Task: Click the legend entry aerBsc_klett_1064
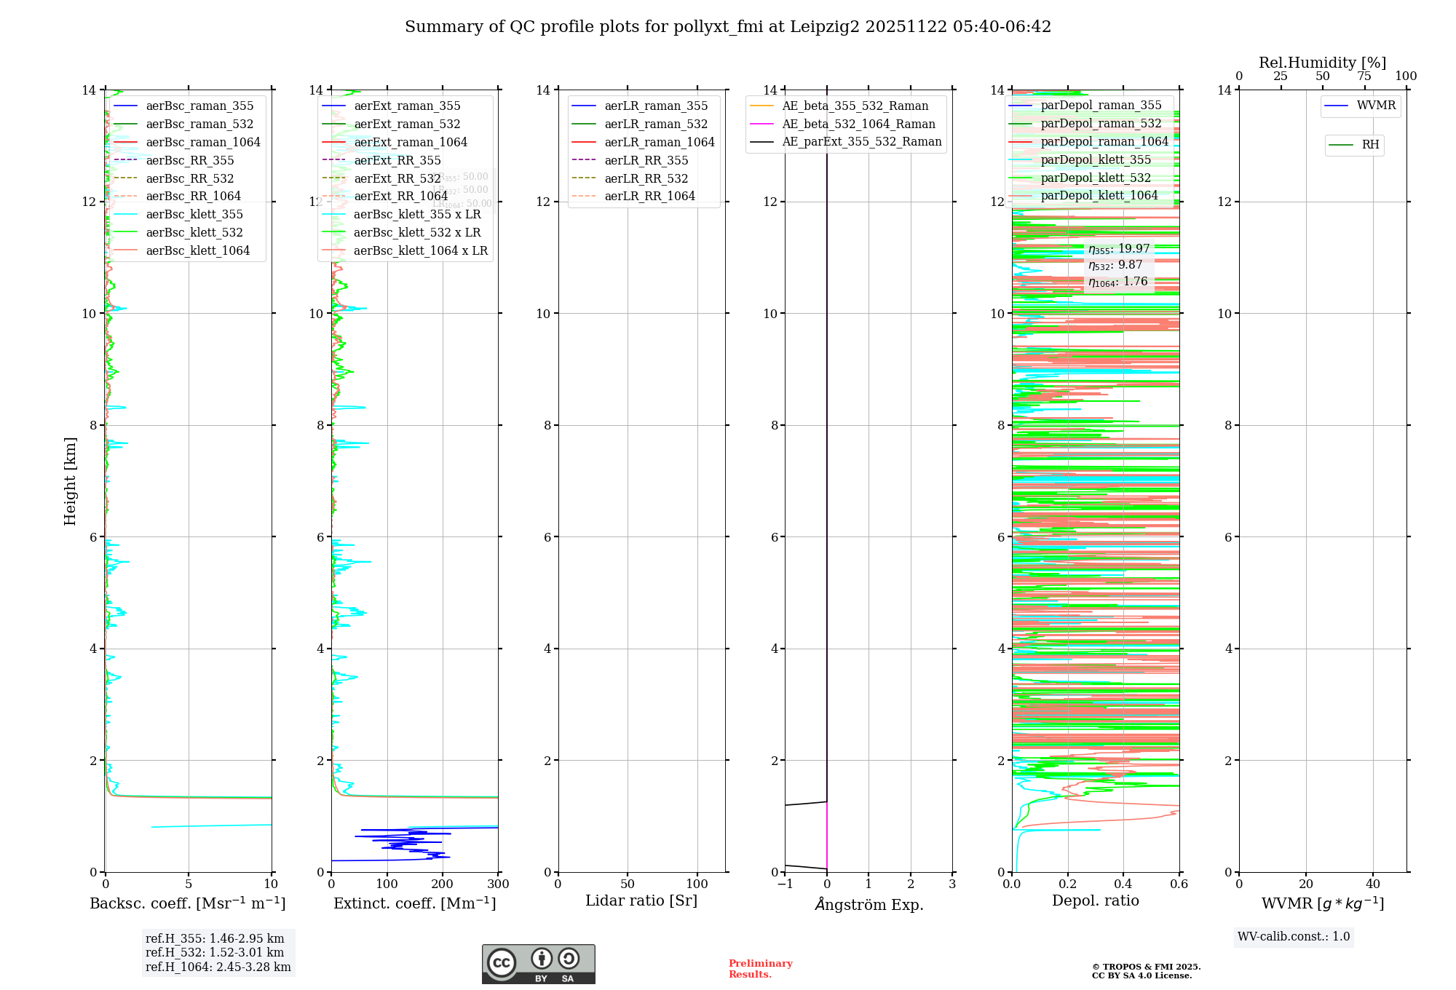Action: [197, 250]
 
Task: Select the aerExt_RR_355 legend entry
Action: [397, 160]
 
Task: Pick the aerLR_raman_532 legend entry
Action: [655, 124]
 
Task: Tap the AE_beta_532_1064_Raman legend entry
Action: [858, 124]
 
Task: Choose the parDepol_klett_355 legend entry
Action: [1096, 159]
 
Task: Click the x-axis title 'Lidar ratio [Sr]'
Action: [641, 900]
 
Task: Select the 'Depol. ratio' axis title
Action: [1095, 900]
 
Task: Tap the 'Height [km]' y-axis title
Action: [70, 480]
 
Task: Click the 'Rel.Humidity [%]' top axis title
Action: [1322, 63]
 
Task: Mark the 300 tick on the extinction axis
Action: [499, 884]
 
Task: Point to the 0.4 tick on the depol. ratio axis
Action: [1123, 884]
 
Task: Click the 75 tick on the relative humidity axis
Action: [1364, 76]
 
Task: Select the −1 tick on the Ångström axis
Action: [785, 884]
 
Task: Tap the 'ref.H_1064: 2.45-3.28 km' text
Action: [218, 967]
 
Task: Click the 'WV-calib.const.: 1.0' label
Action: [1294, 937]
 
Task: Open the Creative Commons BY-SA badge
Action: [538, 964]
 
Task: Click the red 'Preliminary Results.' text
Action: [760, 969]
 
